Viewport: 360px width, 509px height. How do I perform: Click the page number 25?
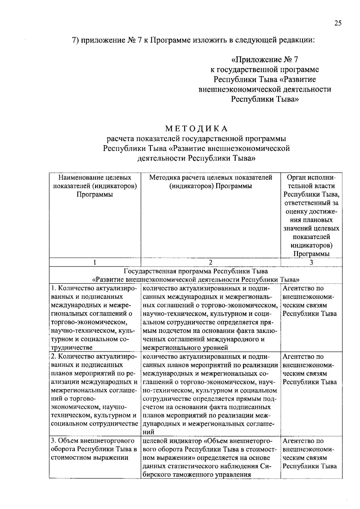click(x=338, y=24)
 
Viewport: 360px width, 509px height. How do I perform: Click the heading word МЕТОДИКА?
click(x=196, y=129)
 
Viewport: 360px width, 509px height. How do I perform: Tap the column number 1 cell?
click(x=95, y=262)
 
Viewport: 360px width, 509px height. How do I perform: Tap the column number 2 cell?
click(x=211, y=262)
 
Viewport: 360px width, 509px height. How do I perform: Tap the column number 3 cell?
click(x=311, y=262)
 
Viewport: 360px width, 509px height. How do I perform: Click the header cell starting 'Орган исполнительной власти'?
click(x=311, y=215)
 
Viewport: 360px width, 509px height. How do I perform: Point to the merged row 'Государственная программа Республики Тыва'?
click(x=196, y=275)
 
